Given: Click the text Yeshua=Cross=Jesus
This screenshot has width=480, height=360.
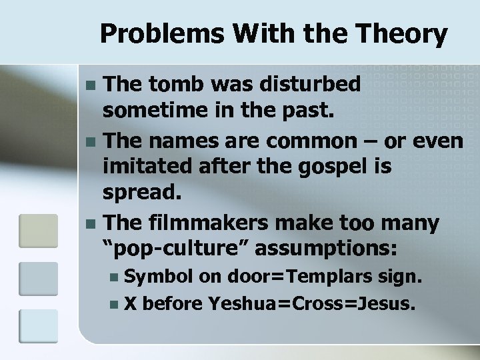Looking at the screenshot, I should [313, 304].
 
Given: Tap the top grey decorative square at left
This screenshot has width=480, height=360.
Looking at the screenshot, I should [37, 231].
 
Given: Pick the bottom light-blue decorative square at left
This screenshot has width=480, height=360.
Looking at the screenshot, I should [37, 327].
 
